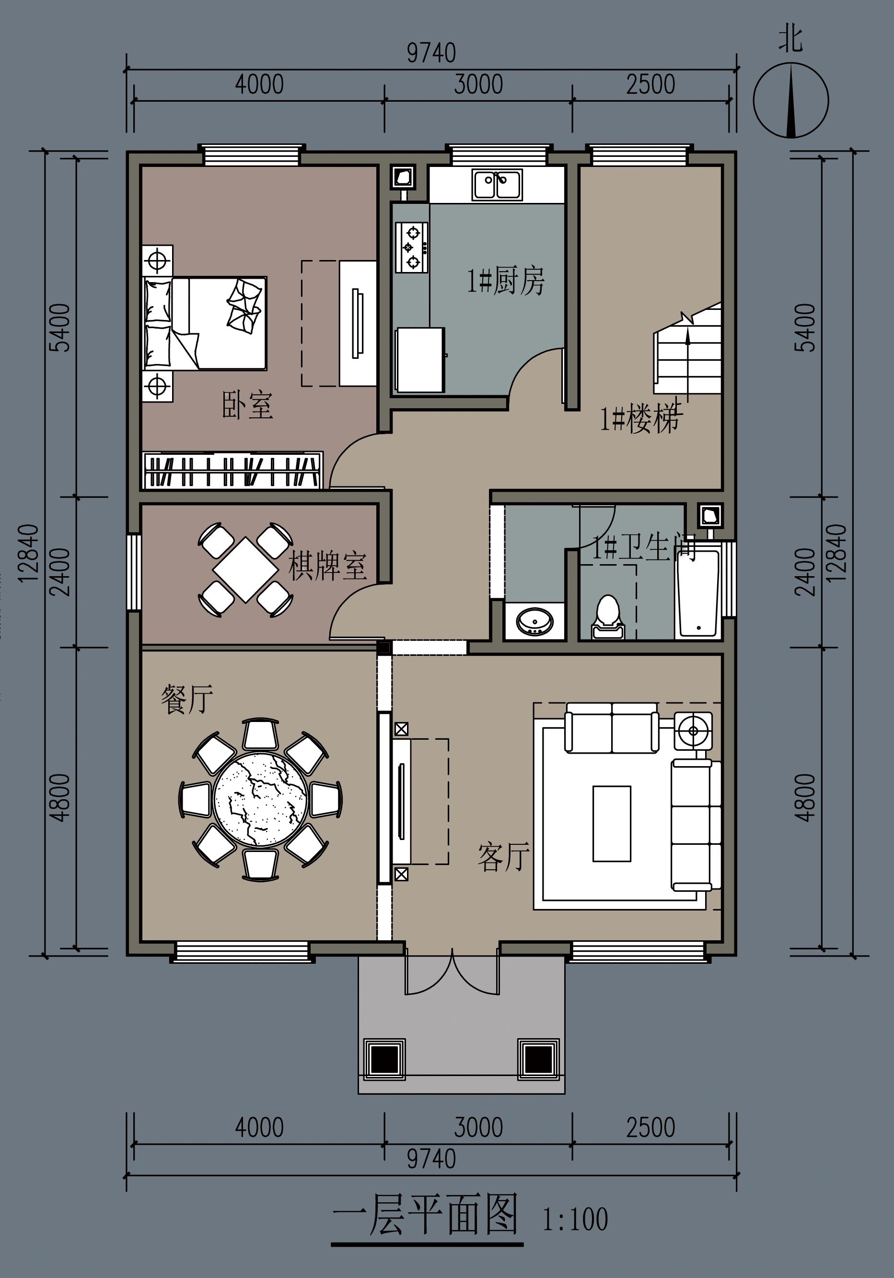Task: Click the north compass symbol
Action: point(790,101)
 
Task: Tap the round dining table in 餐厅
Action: point(260,799)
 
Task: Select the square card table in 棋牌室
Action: point(245,569)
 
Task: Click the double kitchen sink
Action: point(497,185)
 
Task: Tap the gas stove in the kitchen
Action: point(412,247)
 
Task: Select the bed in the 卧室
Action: point(205,323)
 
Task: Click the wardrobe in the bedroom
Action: point(232,470)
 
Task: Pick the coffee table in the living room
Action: point(611,823)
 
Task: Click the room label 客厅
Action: point(503,857)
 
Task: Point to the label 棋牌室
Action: point(327,566)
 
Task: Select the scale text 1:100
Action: point(575,1219)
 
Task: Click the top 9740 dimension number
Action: point(431,53)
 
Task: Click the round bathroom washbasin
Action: point(534,621)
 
